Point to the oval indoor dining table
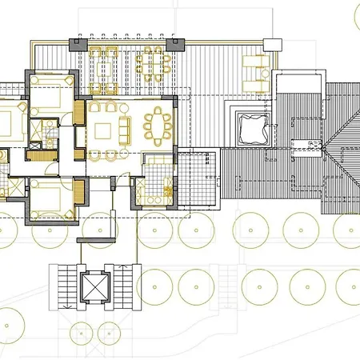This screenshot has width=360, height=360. pyautogui.click(x=158, y=126)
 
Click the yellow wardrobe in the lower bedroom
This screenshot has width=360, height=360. pyautogui.click(x=78, y=192)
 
